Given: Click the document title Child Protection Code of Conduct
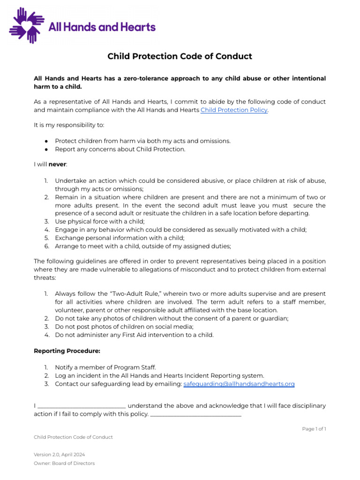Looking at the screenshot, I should point(180,56).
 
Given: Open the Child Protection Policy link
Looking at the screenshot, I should point(234,110).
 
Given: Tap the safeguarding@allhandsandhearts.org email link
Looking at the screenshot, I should point(239,384).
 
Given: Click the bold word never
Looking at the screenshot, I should point(58,165).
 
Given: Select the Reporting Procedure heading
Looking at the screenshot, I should point(67,351).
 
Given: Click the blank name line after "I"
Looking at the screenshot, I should point(81,406).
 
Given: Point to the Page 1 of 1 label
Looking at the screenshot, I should point(314,429).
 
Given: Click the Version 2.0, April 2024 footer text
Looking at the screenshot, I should point(59,455).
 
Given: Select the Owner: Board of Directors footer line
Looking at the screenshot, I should point(64,464).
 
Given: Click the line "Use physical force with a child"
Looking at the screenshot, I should point(100,221).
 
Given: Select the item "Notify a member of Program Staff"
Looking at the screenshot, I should point(105,367).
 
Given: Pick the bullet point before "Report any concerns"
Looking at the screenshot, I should point(46,149).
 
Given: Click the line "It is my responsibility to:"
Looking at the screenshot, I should point(69,125).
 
